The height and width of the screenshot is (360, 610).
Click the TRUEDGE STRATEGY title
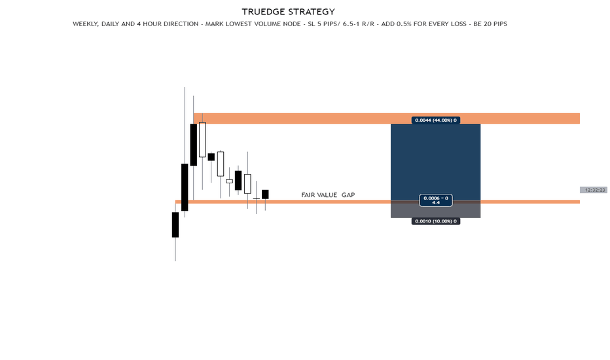click(x=288, y=12)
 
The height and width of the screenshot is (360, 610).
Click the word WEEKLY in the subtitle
click(x=85, y=24)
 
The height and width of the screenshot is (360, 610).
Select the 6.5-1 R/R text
click(x=358, y=24)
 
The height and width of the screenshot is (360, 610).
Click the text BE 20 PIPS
click(x=490, y=24)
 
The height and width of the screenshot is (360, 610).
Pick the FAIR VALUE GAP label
click(x=328, y=195)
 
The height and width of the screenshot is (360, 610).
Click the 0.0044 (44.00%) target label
click(x=436, y=120)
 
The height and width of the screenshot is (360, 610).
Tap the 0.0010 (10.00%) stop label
click(x=436, y=221)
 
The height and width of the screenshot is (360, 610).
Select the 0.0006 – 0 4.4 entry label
click(x=436, y=200)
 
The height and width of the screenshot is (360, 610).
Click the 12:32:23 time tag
click(x=595, y=190)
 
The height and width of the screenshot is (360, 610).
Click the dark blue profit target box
click(x=436, y=162)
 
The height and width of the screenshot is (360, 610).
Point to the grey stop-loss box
click(x=436, y=210)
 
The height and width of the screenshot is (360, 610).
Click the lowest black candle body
click(x=175, y=225)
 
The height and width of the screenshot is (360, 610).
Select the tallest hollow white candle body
click(x=202, y=139)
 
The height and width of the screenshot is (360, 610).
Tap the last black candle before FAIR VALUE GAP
click(x=265, y=194)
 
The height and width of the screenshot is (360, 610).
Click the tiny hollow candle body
click(x=230, y=181)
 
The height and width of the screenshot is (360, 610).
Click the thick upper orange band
click(x=387, y=118)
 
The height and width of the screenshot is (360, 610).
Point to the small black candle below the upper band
click(x=211, y=157)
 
